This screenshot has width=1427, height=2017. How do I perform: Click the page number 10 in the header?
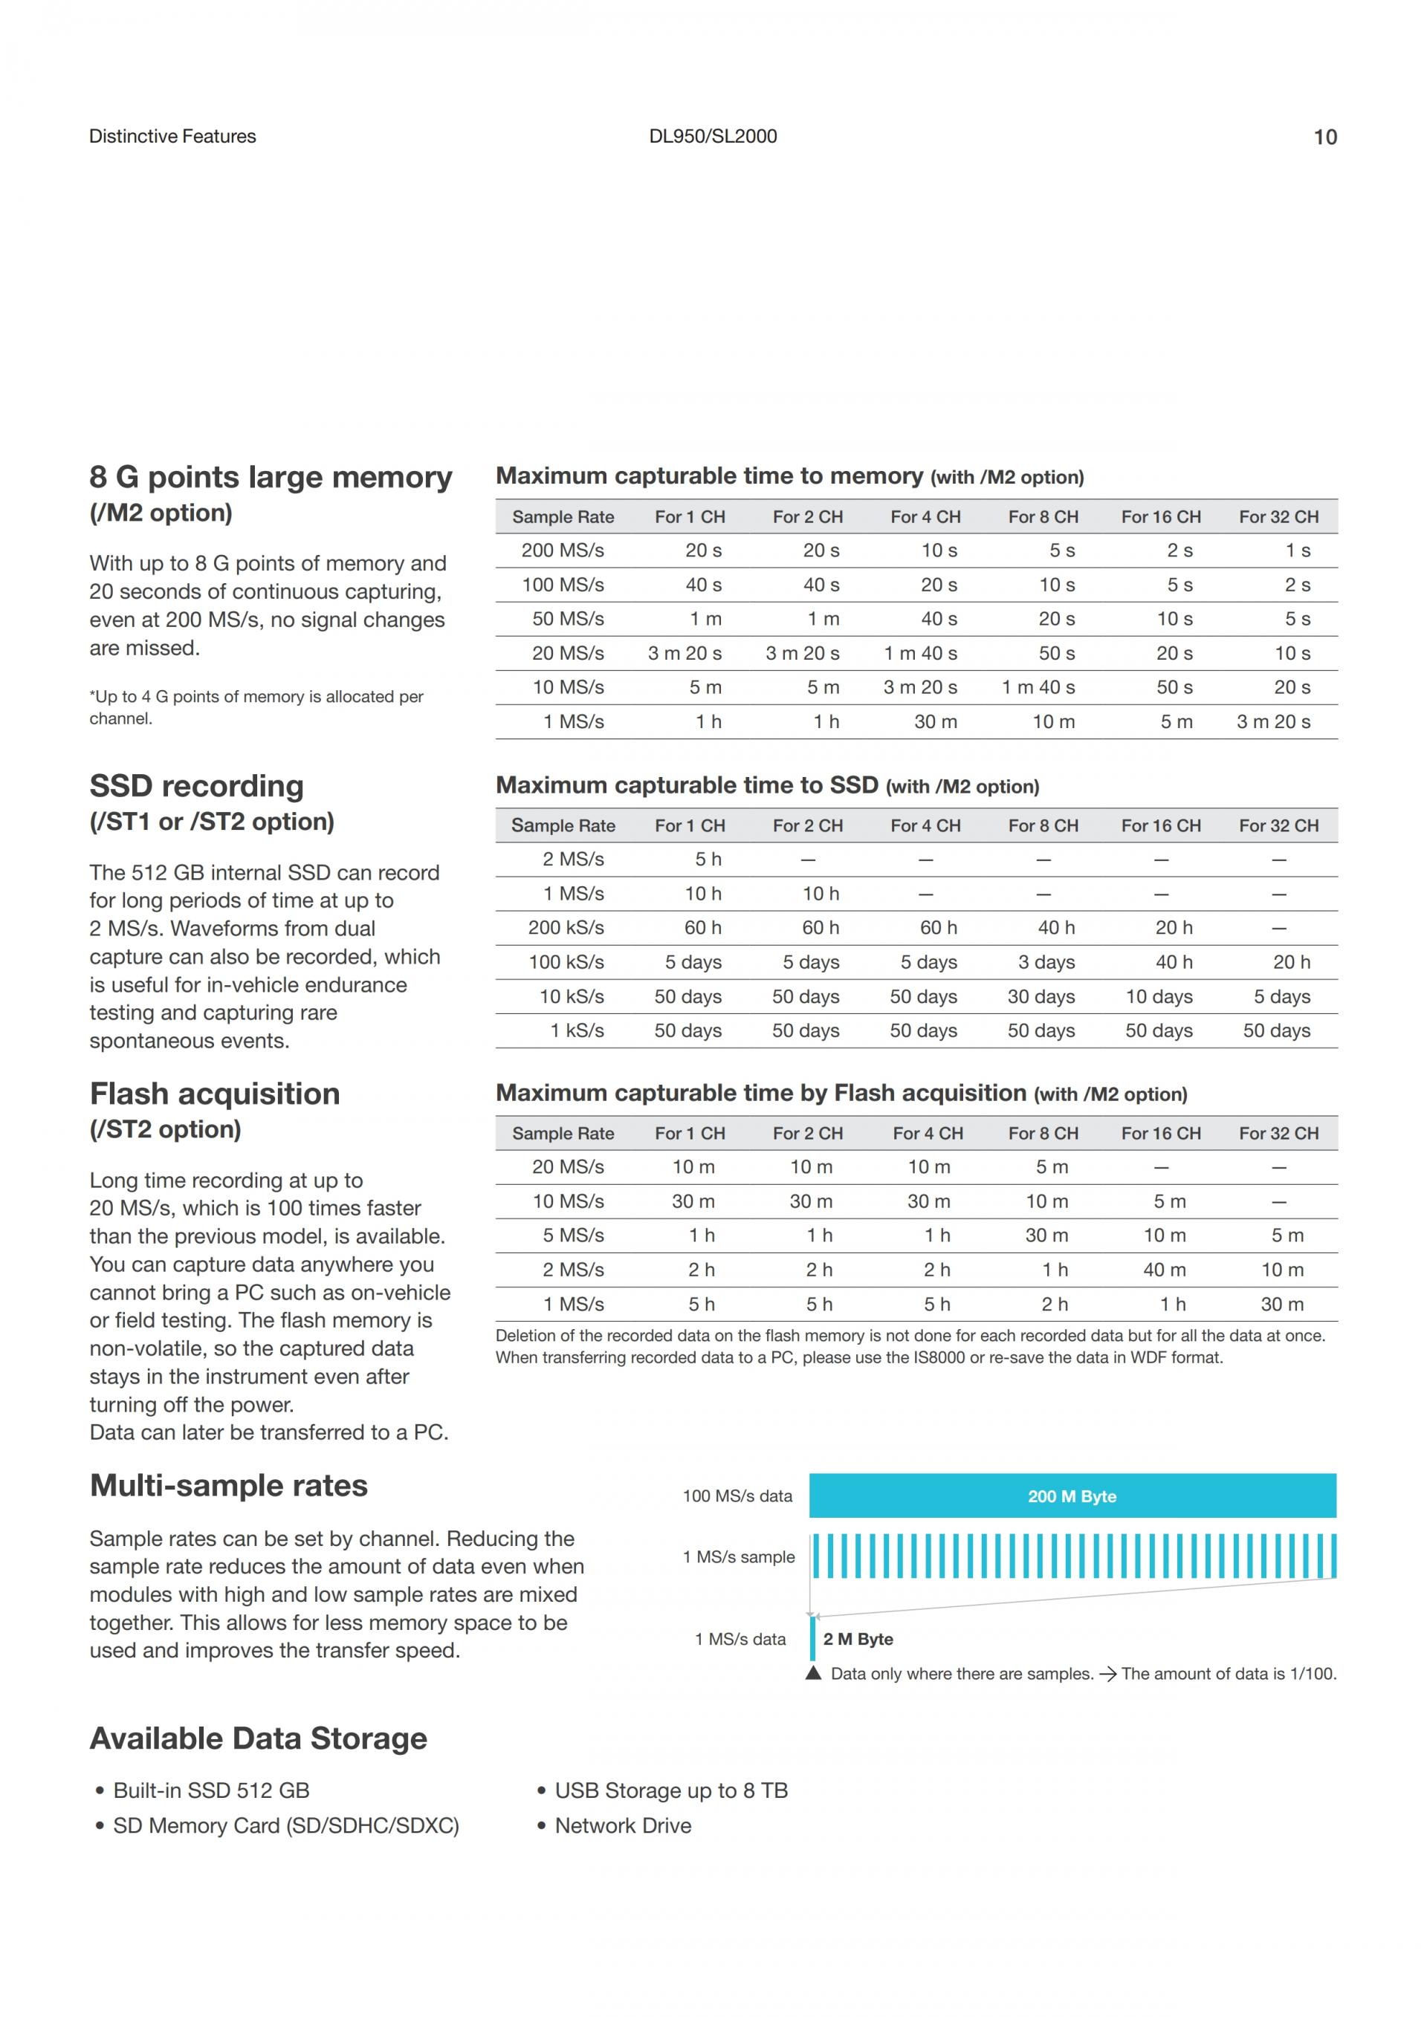pos(1324,137)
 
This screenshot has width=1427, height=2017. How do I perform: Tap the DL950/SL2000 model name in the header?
pos(713,136)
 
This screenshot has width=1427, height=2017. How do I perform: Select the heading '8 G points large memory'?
pos(271,477)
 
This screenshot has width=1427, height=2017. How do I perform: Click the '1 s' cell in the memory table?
pos(1297,550)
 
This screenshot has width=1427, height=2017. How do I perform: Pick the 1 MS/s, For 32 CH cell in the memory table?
pos(1273,722)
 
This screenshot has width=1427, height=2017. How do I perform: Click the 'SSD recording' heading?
pos(197,785)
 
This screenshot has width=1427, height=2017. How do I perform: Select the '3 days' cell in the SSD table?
pos(1046,963)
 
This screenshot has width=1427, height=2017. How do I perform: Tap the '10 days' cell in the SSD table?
pos(1158,997)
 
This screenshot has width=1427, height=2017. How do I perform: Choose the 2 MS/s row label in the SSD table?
pos(573,859)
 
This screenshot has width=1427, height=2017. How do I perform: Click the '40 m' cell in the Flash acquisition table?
pos(1165,1270)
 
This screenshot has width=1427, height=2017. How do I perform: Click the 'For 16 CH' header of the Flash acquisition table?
pos(1160,1133)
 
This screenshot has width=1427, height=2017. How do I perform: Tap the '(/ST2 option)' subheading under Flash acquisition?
pos(165,1129)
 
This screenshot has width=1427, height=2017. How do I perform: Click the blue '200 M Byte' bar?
pos(1072,1496)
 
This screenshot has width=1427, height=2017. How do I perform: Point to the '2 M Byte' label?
pos(858,1640)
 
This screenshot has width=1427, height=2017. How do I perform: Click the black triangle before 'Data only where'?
pos(814,1674)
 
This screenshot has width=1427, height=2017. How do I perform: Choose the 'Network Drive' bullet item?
pos(622,1825)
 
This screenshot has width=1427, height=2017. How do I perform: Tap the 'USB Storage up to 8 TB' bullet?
pos(670,1790)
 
